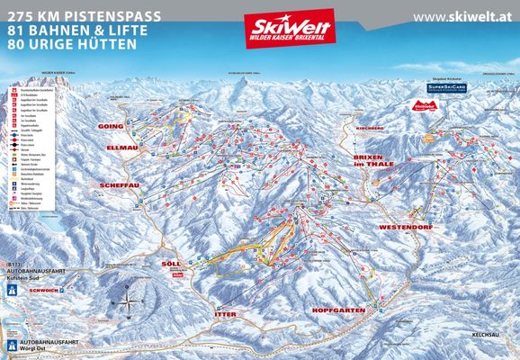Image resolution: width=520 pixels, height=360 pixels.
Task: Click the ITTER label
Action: click(x=225, y=311)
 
